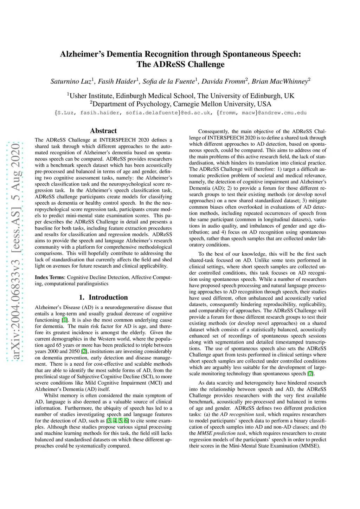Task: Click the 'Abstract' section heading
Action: click(x=103, y=131)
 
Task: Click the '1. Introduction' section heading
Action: click(x=103, y=297)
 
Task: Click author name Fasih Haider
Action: click(x=117, y=81)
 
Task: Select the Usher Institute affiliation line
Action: click(x=181, y=96)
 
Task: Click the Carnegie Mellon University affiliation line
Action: click(x=181, y=104)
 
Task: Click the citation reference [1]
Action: click(x=65, y=320)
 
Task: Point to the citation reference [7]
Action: click(x=310, y=374)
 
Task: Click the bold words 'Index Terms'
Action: click(x=50, y=277)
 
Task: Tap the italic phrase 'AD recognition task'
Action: click(x=242, y=415)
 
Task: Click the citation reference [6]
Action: click(x=126, y=421)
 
